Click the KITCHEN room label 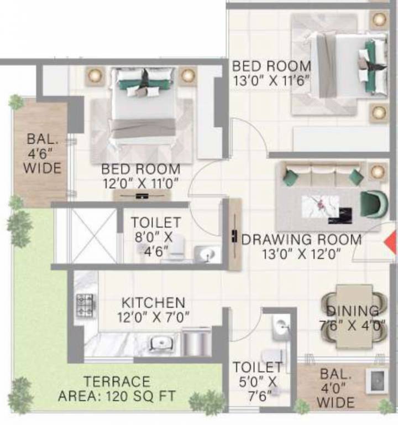pos(153,303)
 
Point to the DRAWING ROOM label pos(302,240)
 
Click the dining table pos(354,316)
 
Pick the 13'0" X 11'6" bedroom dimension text pos(271,81)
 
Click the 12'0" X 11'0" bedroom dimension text pos(140,183)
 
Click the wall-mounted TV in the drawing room pos(234,234)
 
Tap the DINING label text pos(353,311)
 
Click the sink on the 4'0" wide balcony pos(378,381)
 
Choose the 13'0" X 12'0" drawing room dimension pos(302,254)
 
